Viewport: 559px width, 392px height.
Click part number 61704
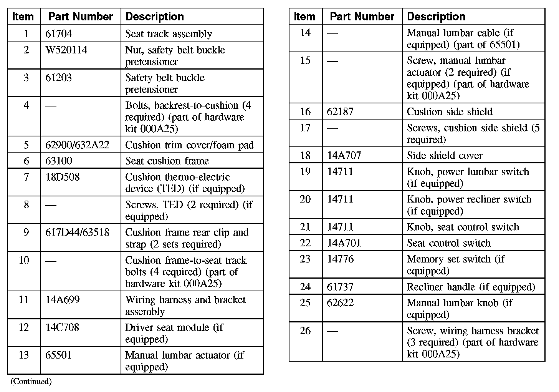(x=58, y=34)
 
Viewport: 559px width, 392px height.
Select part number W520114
(x=66, y=50)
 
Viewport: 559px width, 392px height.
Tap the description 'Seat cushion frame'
(x=167, y=161)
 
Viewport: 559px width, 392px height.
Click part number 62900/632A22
(x=77, y=145)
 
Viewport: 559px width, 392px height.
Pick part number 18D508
(x=62, y=177)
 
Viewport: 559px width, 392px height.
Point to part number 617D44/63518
(x=77, y=232)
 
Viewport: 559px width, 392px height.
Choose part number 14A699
(x=62, y=300)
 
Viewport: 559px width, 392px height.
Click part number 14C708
(x=62, y=327)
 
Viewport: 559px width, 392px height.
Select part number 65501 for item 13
(x=58, y=355)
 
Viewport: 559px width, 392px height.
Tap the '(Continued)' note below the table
(x=31, y=381)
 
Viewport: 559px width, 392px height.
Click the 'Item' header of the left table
(x=23, y=17)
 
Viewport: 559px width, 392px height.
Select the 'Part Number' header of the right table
(x=362, y=17)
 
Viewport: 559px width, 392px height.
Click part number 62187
(x=340, y=111)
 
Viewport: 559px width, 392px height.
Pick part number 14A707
(x=344, y=155)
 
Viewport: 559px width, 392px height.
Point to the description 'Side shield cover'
(x=445, y=155)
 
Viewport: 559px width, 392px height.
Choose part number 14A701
(x=344, y=243)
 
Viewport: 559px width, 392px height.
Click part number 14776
(x=340, y=259)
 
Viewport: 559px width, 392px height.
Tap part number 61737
(x=340, y=287)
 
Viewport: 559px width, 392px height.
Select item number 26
(x=305, y=331)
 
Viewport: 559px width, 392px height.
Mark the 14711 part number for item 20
(x=340, y=199)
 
